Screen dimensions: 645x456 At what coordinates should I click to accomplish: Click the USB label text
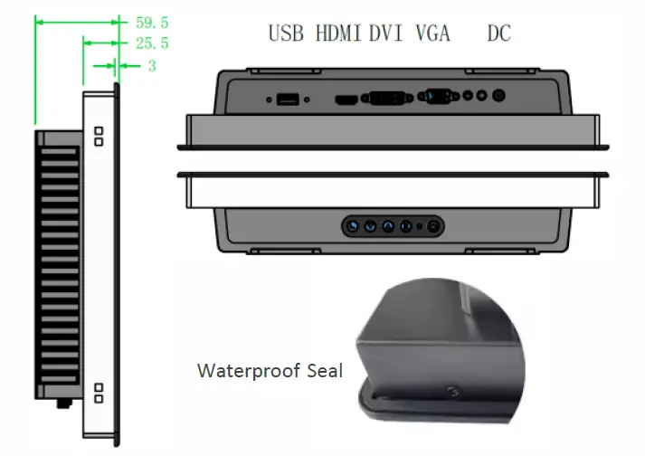click(x=286, y=33)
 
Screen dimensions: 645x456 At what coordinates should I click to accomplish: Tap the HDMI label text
click(x=338, y=33)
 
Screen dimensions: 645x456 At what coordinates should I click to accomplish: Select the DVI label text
click(x=385, y=33)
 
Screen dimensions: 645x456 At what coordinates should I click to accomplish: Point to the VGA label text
click(x=433, y=33)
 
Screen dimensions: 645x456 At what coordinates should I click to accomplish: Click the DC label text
click(x=499, y=33)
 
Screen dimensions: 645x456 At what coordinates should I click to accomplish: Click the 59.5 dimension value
click(x=152, y=23)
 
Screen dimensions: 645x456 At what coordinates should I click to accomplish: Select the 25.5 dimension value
click(x=152, y=43)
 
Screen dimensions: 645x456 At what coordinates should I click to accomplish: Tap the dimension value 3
click(x=152, y=66)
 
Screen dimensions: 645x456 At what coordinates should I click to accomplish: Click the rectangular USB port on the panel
click(x=288, y=100)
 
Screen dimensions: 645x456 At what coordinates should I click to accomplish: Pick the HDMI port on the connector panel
click(x=346, y=100)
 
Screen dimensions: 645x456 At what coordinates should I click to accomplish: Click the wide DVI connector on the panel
click(x=386, y=98)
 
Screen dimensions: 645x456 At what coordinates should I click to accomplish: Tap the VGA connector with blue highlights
click(x=438, y=97)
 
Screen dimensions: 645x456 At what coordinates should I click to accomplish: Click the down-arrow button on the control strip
click(x=370, y=226)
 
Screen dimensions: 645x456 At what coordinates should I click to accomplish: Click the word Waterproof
click(x=250, y=370)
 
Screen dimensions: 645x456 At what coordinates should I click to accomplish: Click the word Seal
click(x=325, y=370)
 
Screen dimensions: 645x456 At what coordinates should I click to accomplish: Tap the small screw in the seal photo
click(x=453, y=392)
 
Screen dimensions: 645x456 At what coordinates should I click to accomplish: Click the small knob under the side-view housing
click(x=64, y=404)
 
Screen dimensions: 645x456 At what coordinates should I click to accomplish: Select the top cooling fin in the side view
click(x=59, y=151)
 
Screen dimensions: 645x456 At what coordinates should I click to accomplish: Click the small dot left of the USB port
click(x=269, y=100)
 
